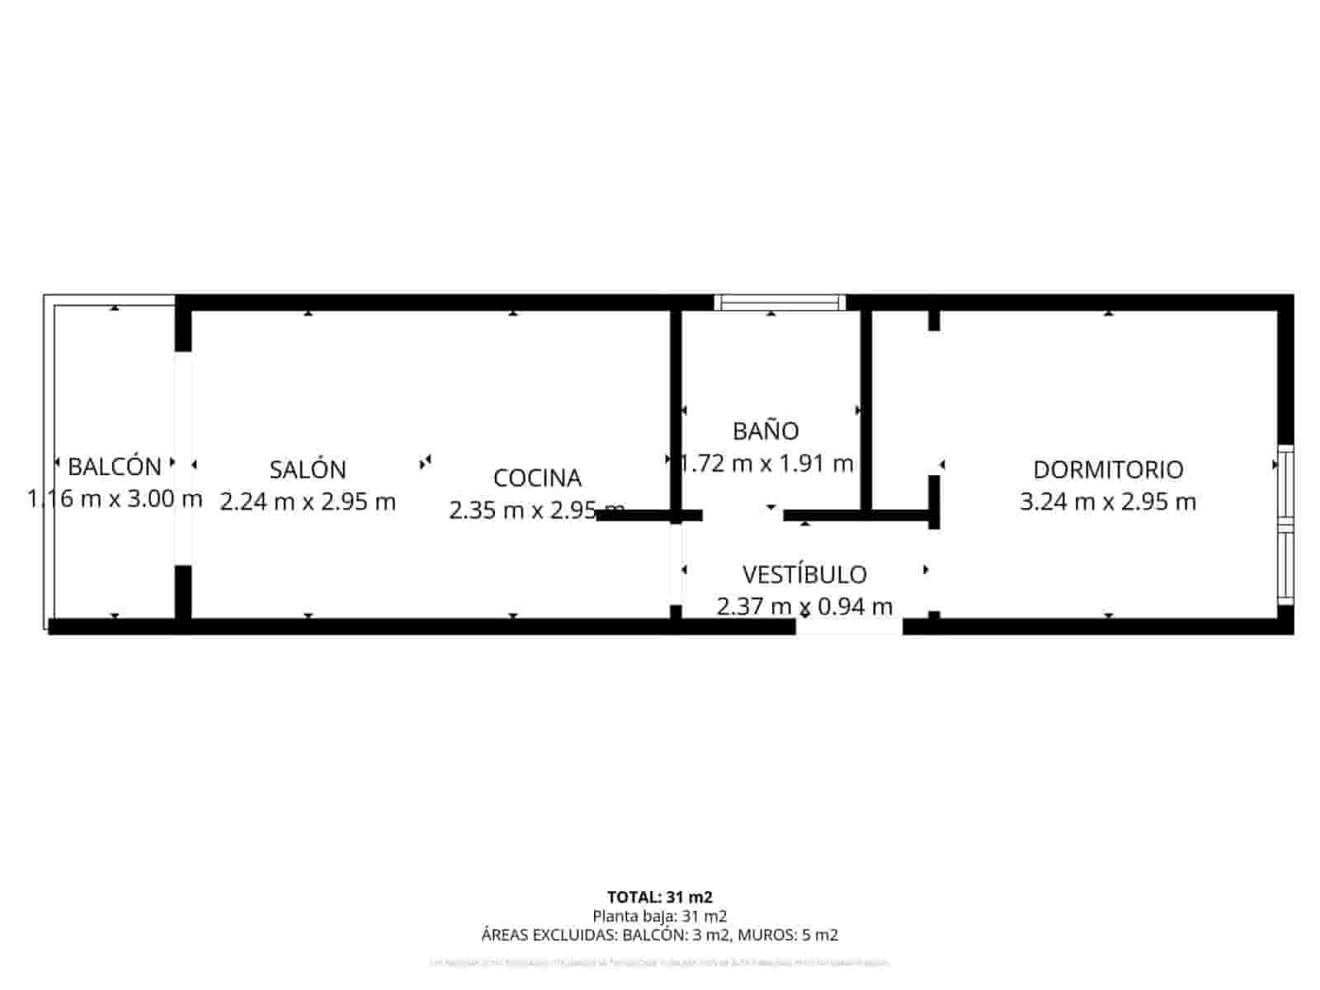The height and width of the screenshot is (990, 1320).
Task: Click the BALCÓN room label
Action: (x=115, y=466)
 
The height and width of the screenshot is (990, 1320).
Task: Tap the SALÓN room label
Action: (x=308, y=469)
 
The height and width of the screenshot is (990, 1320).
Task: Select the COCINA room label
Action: (x=537, y=478)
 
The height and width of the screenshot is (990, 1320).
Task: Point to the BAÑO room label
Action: (x=766, y=431)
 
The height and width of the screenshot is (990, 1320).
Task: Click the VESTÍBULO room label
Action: (x=804, y=574)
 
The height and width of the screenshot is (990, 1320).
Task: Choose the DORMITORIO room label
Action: (x=1108, y=469)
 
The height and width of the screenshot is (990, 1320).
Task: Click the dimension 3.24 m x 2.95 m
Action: (x=1108, y=502)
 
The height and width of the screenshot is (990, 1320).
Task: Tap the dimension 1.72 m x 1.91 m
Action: (x=767, y=464)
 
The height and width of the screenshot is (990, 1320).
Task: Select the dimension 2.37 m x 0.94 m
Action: (x=804, y=607)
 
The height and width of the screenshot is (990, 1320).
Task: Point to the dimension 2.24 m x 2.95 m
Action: (x=308, y=502)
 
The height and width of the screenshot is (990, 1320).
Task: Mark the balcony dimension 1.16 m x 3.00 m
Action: (x=115, y=498)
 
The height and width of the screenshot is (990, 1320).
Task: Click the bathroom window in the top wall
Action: (x=780, y=303)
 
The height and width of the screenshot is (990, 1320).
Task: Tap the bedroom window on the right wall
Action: (x=1285, y=525)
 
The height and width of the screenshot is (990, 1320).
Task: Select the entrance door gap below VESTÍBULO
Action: (x=849, y=627)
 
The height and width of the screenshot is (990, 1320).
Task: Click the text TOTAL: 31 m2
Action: (x=659, y=897)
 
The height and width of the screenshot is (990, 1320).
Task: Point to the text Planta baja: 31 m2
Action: (x=659, y=916)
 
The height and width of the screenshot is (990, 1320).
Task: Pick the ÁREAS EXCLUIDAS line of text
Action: (x=659, y=935)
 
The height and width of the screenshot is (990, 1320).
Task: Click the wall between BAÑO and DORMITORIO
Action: (x=866, y=411)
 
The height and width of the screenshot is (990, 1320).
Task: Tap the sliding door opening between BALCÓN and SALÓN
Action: (x=183, y=459)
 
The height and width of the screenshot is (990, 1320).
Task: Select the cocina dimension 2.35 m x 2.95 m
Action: (x=537, y=510)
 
